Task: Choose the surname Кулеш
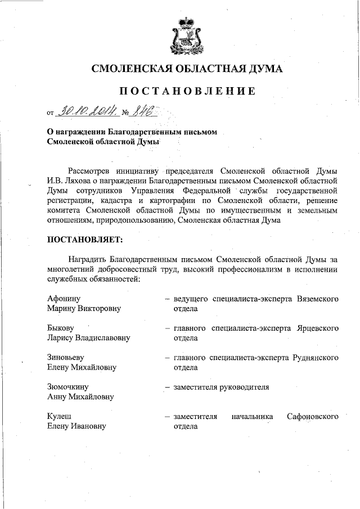pyautogui.click(x=59, y=417)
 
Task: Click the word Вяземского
pyautogui.click(x=317, y=298)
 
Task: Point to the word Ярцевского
pyautogui.click(x=317, y=328)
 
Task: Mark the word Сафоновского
pyautogui.click(x=312, y=417)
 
